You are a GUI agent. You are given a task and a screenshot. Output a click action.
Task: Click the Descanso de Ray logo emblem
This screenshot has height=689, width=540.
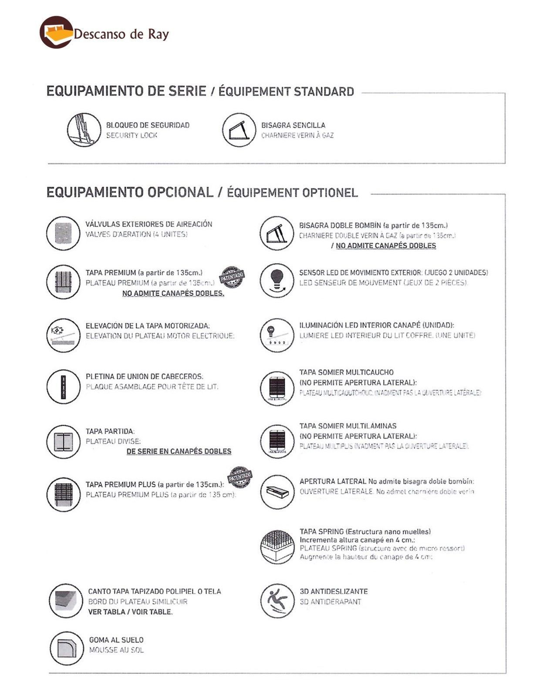coord(56,32)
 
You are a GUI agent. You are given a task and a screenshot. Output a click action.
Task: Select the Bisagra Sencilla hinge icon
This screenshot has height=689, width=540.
coord(239,130)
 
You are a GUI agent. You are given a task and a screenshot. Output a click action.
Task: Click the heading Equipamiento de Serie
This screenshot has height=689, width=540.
coord(126,91)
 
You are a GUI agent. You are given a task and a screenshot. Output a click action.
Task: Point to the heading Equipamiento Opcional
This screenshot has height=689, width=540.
coord(130,192)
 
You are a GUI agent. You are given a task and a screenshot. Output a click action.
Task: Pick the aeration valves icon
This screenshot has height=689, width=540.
coord(63,233)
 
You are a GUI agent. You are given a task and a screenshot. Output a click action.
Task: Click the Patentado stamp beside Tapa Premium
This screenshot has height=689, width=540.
coord(231,278)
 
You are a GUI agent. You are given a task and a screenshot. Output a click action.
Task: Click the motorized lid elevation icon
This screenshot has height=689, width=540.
coord(63,336)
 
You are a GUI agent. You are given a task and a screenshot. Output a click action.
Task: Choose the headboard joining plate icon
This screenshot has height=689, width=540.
coord(63,386)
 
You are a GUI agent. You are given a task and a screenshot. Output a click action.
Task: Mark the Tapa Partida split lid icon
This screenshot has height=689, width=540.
coord(63,441)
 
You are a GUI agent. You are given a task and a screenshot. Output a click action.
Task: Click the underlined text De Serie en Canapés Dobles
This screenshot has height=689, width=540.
coord(179,451)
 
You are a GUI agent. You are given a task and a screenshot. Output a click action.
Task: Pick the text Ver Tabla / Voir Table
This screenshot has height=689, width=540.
coord(130,612)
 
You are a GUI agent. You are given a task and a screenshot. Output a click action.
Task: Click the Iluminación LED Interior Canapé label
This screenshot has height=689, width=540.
coord(376,325)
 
